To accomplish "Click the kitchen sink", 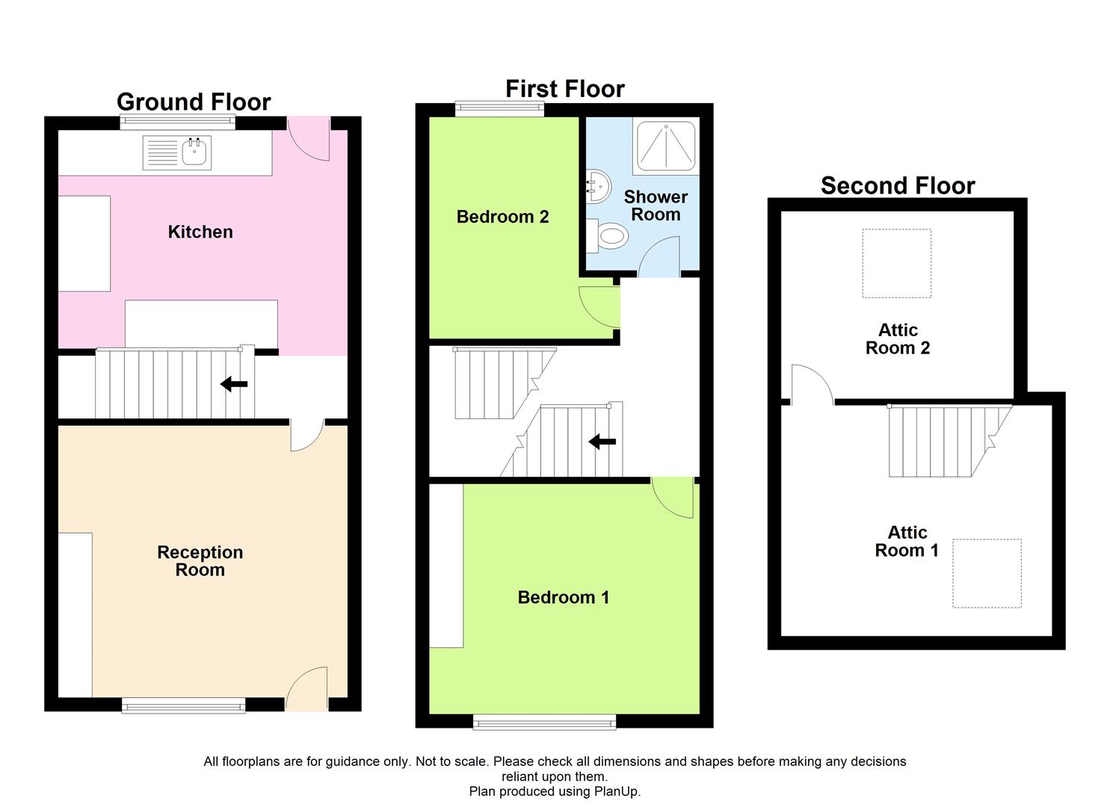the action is pyautogui.click(x=177, y=152).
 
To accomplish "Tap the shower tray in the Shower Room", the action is pyautogui.click(x=665, y=146).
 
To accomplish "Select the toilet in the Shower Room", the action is pyautogui.click(x=608, y=236).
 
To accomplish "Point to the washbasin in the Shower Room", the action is pyautogui.click(x=598, y=186).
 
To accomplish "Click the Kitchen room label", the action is pyautogui.click(x=200, y=232).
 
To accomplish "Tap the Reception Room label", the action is pyautogui.click(x=200, y=561).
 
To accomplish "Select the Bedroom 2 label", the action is pyautogui.click(x=502, y=217).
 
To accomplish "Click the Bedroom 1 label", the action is pyautogui.click(x=564, y=598).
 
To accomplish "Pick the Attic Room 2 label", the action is pyautogui.click(x=898, y=338).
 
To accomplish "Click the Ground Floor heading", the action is pyautogui.click(x=194, y=102).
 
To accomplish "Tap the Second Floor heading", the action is pyautogui.click(x=898, y=186).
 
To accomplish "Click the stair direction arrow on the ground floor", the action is pyautogui.click(x=234, y=383).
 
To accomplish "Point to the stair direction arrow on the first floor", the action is pyautogui.click(x=602, y=441).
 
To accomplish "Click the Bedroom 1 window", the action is pyautogui.click(x=545, y=722).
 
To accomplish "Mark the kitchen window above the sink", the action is pyautogui.click(x=177, y=122).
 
